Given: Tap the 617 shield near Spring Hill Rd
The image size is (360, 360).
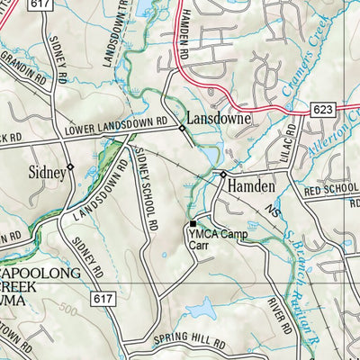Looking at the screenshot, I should (x=102, y=297).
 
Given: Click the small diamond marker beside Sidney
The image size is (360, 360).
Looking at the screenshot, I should (x=70, y=166).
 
